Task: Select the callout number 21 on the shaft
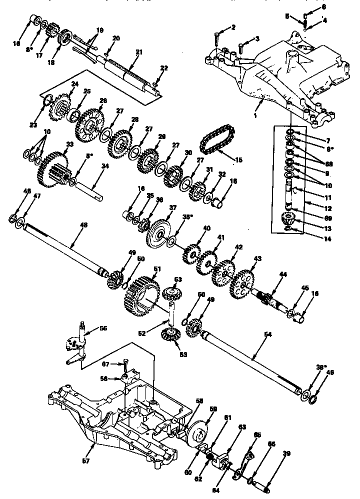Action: click(139, 51)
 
